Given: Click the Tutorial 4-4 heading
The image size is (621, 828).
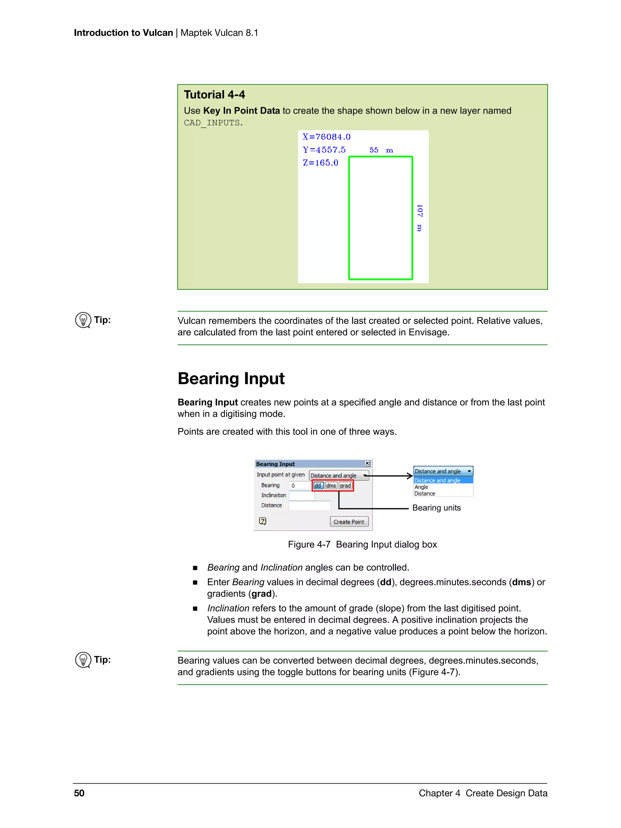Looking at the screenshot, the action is pos(214,95).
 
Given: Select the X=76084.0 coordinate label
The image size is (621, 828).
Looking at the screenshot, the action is pos(326,137).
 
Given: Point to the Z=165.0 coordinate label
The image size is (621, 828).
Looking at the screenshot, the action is pos(321,163).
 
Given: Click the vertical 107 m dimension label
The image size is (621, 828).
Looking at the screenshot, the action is pos(419,218).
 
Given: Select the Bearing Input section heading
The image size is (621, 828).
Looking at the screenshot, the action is pos(231,378).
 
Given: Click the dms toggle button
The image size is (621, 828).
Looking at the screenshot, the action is pos(331,486).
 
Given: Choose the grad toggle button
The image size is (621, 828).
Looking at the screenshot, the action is pos(345,486).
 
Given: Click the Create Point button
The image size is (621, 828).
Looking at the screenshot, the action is pos(349,522).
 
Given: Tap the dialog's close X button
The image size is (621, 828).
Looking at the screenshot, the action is pos(367,463).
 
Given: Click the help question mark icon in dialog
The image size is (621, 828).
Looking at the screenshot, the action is pos(263,521).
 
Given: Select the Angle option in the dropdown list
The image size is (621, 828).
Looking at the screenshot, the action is pos(421,487).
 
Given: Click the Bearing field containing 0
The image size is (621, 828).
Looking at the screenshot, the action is pos(300,486).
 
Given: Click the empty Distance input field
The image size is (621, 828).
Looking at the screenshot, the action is pos(310,505).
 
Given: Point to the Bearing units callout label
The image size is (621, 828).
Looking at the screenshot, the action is pos(436,508).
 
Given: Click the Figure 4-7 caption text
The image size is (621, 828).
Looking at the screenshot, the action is pos(362,544).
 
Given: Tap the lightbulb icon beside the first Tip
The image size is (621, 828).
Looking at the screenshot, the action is pos(83,320).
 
